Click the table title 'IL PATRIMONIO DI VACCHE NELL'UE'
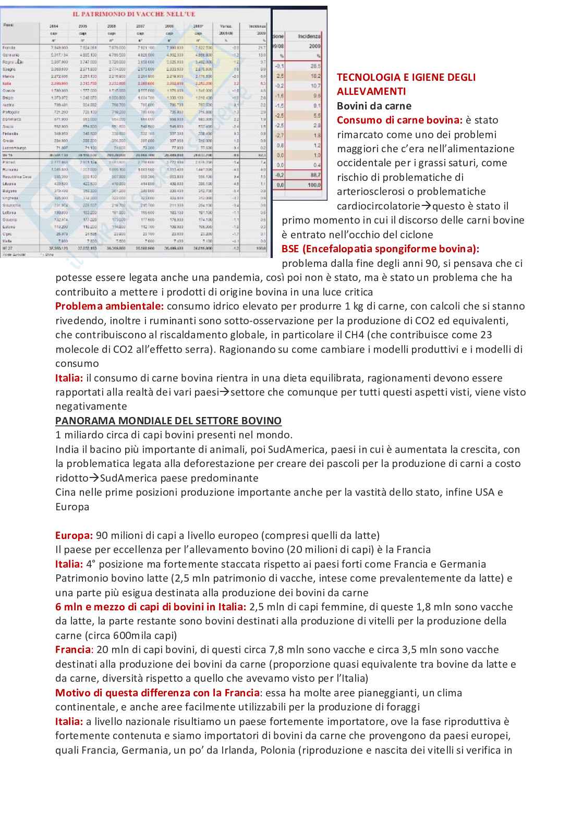tap(134, 14)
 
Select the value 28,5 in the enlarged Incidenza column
tap(315, 66)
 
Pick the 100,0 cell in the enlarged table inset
tap(314, 185)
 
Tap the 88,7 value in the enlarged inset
tap(315, 175)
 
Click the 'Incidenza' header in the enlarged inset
tap(309, 36)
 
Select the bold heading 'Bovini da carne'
tap(374, 106)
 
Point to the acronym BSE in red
tap(290, 249)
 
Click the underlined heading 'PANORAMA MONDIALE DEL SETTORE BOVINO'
tap(168, 421)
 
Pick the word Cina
tap(65, 492)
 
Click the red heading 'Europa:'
tap(74, 535)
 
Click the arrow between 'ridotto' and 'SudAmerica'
tap(94, 478)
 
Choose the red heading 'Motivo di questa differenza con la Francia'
tap(157, 693)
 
